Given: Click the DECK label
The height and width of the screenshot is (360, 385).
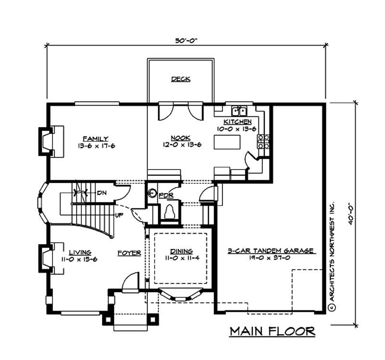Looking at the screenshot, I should point(181,79).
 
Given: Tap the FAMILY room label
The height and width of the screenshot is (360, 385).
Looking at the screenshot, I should point(95,138).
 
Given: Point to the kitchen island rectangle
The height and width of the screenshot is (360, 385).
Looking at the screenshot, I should point(227,142).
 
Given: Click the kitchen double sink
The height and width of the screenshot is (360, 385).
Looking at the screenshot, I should point(239,109).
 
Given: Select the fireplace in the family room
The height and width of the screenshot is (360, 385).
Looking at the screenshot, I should point(50,141).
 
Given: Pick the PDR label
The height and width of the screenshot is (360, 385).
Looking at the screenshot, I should point(166,196).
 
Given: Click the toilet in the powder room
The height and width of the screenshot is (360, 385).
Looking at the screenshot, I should point(169,211).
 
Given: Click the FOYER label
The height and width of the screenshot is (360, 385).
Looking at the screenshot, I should point(129,252).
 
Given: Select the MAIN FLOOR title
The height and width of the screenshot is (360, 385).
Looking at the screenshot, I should point(272,331).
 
